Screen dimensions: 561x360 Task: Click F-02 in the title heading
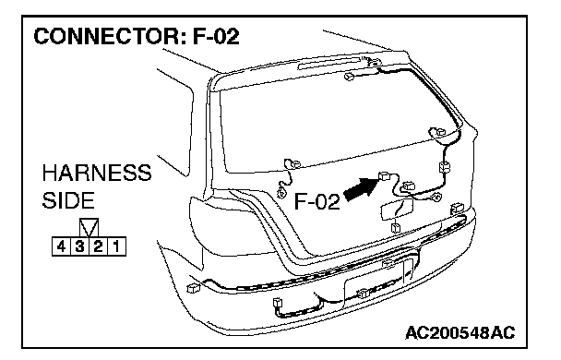tap(217, 37)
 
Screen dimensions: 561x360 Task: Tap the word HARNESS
tap(97, 173)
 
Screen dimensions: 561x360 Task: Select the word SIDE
tap(68, 200)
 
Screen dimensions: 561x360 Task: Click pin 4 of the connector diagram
tap(62, 246)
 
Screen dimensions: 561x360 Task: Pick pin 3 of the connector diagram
tap(80, 246)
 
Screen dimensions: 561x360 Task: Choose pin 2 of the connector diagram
tap(99, 246)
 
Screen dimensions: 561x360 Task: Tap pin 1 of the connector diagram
tap(116, 246)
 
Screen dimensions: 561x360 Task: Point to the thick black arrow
tap(361, 188)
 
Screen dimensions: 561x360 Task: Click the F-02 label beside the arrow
tap(316, 201)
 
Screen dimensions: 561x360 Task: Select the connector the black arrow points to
tap(384, 175)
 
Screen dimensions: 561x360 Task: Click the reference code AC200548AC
tap(460, 333)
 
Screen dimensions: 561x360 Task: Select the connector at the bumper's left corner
tap(193, 288)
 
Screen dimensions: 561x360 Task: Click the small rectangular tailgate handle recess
tap(398, 210)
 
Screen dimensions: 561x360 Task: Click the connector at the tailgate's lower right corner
tap(457, 208)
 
